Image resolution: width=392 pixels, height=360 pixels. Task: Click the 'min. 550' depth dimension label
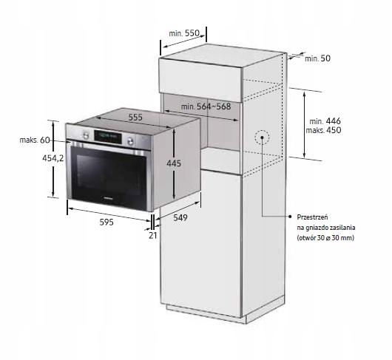coord(184,33)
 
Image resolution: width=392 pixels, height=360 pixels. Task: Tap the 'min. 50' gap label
coord(317,58)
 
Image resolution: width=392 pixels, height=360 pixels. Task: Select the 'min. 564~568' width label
coord(206,106)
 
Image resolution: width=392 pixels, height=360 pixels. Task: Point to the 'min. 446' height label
coord(325,121)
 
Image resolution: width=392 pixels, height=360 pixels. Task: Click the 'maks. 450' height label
coord(323,130)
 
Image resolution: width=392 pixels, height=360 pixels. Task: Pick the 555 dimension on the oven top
coord(135,118)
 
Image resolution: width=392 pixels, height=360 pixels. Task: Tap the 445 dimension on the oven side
coord(174,163)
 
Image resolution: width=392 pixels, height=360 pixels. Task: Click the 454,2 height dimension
coord(53,158)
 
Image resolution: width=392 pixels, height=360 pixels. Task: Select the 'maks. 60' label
coord(35,140)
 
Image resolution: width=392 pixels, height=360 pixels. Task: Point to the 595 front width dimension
coord(107,222)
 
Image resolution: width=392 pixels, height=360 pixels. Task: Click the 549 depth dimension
coord(180,217)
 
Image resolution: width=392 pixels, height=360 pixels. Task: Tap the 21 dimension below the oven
coord(153,235)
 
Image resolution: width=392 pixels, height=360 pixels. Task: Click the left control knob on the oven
coord(86,135)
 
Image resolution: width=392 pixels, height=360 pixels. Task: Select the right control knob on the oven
coord(130,141)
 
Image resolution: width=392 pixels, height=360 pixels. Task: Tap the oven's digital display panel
coord(108,137)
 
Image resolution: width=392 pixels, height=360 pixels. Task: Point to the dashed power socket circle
coord(262,137)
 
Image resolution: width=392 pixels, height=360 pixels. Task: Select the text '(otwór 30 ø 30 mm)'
coord(325,238)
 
